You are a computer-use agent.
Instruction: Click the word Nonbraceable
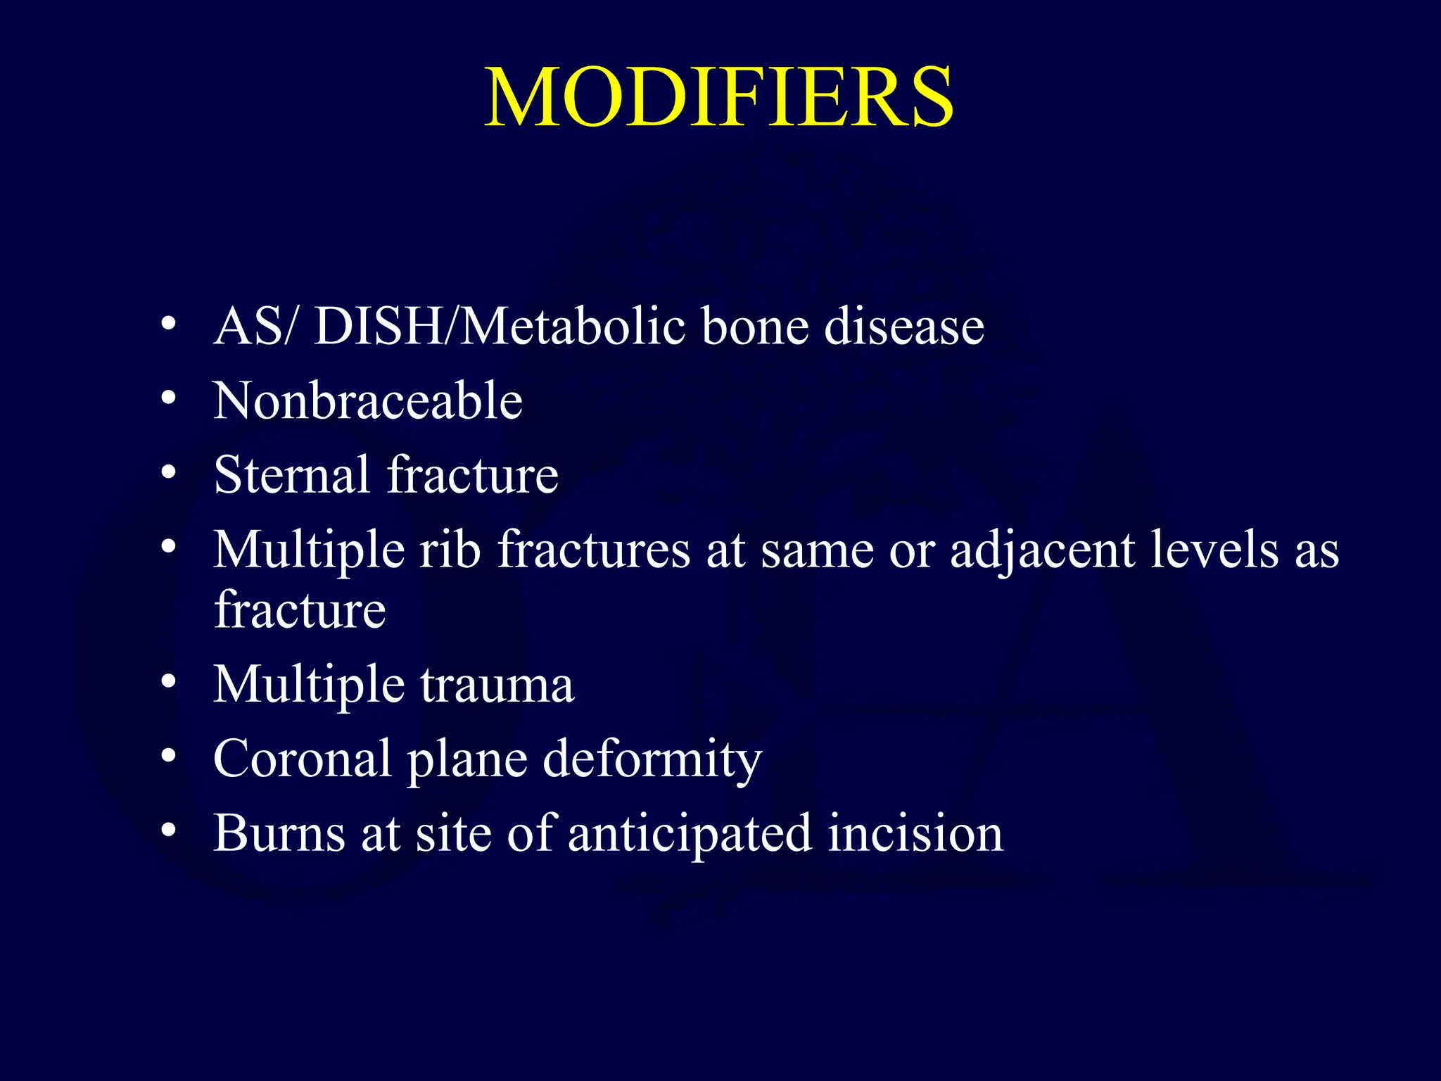(368, 401)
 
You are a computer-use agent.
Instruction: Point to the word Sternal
(291, 475)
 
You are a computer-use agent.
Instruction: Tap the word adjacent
(1041, 550)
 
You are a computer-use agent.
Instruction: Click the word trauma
(497, 685)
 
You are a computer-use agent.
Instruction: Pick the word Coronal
(302, 759)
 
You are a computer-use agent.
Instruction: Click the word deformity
(652, 760)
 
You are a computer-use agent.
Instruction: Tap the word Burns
(279, 833)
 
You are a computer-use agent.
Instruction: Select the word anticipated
(689, 835)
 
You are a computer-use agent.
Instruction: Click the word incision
(915, 833)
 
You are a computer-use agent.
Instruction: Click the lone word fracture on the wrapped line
(300, 609)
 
